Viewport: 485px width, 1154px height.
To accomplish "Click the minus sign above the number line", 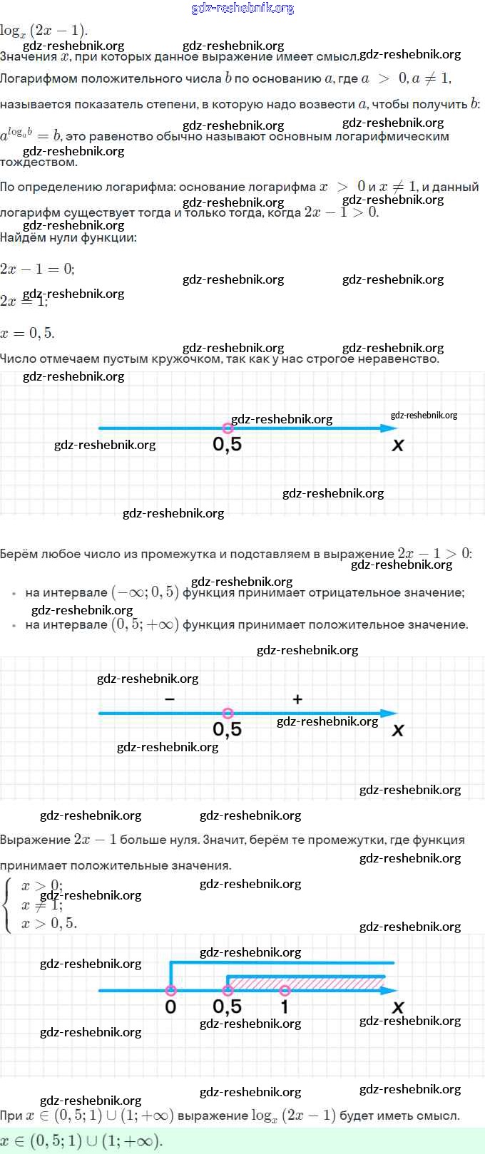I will (169, 699).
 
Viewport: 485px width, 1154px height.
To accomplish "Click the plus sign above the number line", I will (297, 699).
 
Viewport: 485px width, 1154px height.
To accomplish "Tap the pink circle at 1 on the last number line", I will (285, 990).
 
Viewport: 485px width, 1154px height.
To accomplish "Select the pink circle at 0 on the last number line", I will (170, 990).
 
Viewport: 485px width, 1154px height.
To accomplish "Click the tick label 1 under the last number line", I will (285, 1006).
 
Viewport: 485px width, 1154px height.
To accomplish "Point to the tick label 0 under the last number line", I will (170, 1006).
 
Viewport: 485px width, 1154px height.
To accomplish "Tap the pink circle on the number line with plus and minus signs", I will (228, 713).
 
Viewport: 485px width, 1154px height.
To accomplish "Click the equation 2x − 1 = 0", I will (37, 269).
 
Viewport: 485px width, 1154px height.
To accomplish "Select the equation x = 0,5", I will (27, 333).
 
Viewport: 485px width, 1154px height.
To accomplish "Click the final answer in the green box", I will (81, 1140).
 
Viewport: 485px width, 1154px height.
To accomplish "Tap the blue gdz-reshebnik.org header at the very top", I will (242, 8).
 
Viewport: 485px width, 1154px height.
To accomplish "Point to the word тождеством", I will (39, 163).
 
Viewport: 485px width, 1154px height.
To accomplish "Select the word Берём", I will (19, 554).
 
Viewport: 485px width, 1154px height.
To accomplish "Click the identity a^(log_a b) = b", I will (31, 135).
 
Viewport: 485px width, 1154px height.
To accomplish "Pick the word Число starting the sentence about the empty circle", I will (18, 359).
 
